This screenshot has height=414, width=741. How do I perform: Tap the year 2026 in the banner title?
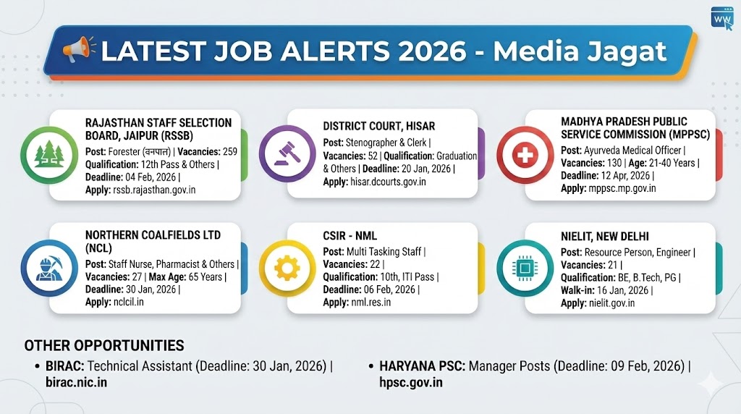(432, 51)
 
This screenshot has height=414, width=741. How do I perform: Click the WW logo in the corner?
(721, 18)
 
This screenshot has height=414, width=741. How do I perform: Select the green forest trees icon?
(49, 155)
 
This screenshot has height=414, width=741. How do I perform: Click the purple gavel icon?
(287, 153)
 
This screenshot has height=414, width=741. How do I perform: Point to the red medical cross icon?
(525, 155)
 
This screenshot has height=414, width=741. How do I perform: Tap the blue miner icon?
(49, 268)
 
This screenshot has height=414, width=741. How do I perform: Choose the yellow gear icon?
(287, 268)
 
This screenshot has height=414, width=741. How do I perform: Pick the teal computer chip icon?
(525, 268)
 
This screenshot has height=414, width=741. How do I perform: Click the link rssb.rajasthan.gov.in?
(154, 190)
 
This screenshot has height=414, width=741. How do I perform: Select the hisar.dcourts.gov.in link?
(388, 182)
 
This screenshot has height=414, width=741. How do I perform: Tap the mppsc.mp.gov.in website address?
(622, 188)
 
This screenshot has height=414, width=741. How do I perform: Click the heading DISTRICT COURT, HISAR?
(379, 126)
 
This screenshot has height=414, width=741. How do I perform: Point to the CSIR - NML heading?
(350, 236)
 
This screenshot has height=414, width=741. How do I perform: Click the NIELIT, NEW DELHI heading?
(605, 236)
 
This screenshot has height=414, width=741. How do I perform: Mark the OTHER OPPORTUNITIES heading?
(104, 345)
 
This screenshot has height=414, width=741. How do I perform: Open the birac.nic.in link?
(77, 382)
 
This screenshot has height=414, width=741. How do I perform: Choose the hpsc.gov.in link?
(411, 382)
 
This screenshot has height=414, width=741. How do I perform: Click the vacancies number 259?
(229, 152)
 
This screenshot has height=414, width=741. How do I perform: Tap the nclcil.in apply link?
(129, 302)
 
